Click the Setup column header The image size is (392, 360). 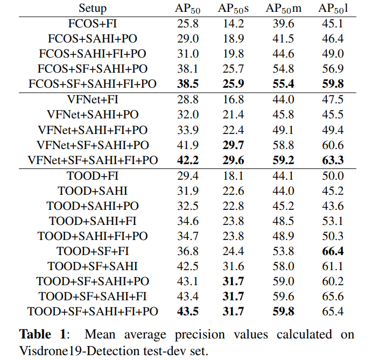click(92, 8)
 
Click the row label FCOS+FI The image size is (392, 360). click(92, 24)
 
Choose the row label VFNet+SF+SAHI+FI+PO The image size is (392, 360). click(92, 160)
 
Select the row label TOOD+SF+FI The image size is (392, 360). click(92, 251)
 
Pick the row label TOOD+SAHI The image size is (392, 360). click(92, 190)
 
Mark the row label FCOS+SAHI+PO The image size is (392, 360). click(92, 39)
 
